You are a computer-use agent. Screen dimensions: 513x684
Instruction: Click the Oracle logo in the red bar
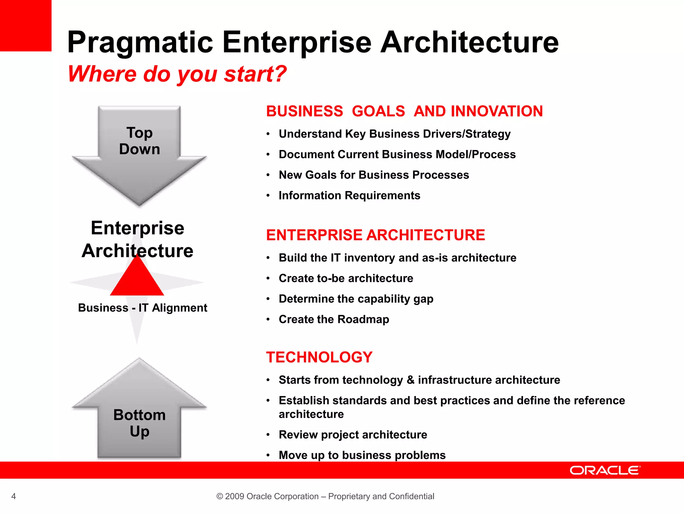click(x=605, y=470)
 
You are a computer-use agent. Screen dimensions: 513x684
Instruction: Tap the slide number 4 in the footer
click(x=13, y=496)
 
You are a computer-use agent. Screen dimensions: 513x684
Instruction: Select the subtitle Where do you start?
click(x=177, y=74)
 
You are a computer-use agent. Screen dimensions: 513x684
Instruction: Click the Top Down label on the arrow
click(x=140, y=141)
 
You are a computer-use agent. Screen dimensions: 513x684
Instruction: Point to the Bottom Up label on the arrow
click(x=140, y=423)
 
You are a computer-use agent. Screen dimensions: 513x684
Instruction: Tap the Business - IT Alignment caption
click(x=143, y=308)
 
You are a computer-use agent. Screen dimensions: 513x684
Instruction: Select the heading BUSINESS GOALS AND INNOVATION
click(x=404, y=111)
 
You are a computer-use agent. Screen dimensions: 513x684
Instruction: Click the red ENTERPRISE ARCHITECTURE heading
click(x=375, y=235)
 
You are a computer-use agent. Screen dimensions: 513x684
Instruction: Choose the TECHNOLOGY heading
click(x=319, y=357)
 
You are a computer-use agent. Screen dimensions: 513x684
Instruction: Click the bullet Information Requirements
click(x=349, y=195)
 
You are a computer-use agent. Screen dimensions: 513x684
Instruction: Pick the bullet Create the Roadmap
click(x=334, y=319)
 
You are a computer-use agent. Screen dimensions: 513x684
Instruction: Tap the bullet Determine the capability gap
click(x=356, y=299)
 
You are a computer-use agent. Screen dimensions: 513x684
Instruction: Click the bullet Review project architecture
click(x=353, y=435)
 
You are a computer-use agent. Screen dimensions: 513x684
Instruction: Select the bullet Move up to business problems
click(x=362, y=455)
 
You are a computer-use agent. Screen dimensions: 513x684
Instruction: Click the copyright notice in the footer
click(x=325, y=496)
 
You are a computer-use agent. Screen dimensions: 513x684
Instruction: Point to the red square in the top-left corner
click(x=25, y=25)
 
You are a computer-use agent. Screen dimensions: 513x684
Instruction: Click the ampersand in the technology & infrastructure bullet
click(x=410, y=380)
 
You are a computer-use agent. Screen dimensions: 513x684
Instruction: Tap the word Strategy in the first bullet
click(x=488, y=134)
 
